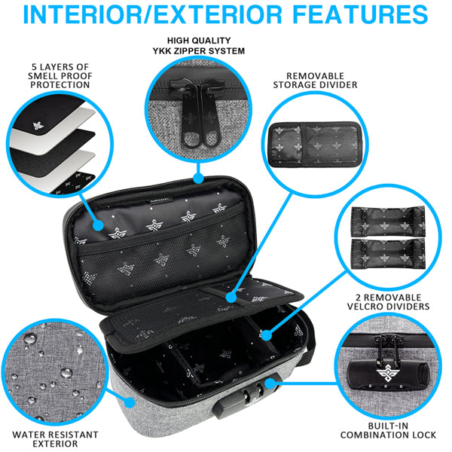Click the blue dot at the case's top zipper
pyautogui.click(x=198, y=179)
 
